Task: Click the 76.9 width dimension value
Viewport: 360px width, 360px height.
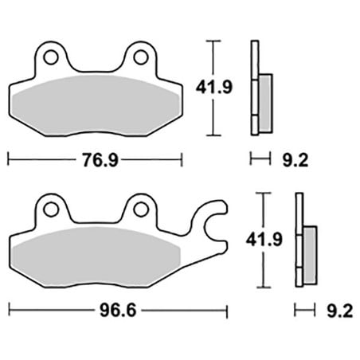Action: (x=100, y=160)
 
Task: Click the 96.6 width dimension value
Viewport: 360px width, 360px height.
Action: (x=118, y=310)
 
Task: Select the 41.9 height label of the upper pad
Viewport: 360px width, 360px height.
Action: (x=214, y=87)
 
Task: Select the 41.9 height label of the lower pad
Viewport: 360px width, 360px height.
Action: (x=264, y=239)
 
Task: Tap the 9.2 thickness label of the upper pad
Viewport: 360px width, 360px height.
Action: (x=295, y=160)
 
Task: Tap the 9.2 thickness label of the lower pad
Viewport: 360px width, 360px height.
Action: (x=340, y=311)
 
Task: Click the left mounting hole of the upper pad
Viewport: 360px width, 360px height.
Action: (x=51, y=57)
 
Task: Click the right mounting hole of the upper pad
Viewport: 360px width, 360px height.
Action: (x=141, y=57)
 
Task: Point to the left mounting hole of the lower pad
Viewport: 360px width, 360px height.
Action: (x=51, y=209)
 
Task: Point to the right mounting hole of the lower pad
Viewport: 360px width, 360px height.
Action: (x=141, y=209)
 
